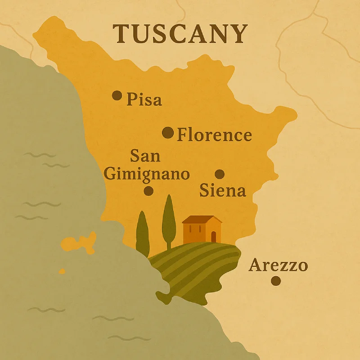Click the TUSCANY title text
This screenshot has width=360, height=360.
tap(180, 33)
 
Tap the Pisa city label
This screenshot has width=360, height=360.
tap(144, 99)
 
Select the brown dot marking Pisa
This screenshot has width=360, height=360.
tap(117, 95)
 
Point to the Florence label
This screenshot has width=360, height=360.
tap(214, 135)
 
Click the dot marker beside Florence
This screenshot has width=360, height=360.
tap(168, 133)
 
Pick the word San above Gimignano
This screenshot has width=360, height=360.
tap(145, 156)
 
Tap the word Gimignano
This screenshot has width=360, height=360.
tap(147, 174)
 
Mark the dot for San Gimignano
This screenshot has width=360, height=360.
tap(148, 191)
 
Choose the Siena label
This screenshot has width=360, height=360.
tap(223, 191)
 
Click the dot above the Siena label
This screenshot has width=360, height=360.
tap(220, 174)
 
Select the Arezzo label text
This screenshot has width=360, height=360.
tap(278, 265)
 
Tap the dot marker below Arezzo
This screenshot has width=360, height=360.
tap(276, 281)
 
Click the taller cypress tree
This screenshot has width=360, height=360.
tap(169, 220)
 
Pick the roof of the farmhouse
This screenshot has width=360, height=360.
tap(202, 220)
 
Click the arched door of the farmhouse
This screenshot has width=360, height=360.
tap(213, 237)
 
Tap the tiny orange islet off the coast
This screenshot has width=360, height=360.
tap(62, 271)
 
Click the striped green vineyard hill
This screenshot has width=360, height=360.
tap(193, 265)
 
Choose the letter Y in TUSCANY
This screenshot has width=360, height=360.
tap(238, 33)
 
